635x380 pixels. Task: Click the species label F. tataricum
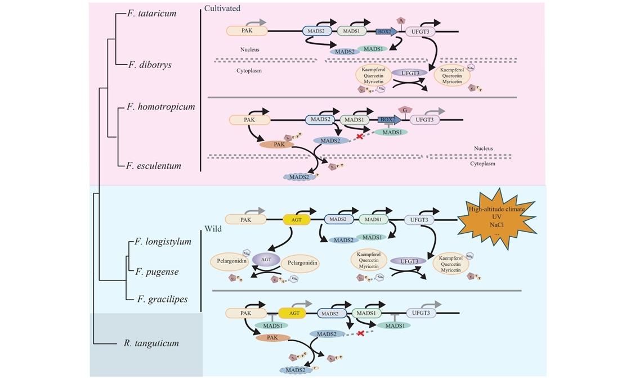click(x=151, y=13)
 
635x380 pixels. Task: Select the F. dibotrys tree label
click(x=150, y=65)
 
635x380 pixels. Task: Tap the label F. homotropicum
click(x=160, y=107)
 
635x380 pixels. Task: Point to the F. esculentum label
click(x=154, y=166)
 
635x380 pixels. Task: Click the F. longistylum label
click(x=163, y=242)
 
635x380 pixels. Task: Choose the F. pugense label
click(x=157, y=272)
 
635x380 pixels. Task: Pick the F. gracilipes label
click(x=163, y=299)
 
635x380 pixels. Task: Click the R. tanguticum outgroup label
click(x=151, y=343)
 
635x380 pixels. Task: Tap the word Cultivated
click(x=222, y=8)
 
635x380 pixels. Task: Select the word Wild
click(x=213, y=229)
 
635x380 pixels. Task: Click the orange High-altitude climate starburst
click(x=497, y=220)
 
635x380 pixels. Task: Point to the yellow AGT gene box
click(x=297, y=220)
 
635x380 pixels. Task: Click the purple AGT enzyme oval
click(x=266, y=259)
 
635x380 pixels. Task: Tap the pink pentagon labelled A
click(x=401, y=21)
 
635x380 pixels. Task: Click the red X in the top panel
click(x=360, y=137)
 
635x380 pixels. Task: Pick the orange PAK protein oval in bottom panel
click(x=272, y=338)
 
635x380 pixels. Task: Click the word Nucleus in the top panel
click(x=249, y=49)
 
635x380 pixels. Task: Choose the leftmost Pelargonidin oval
click(x=229, y=261)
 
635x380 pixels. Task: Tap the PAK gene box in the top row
click(x=247, y=31)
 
